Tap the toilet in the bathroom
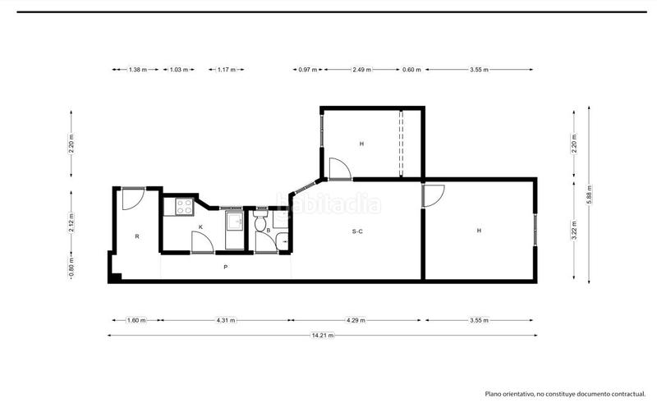click(x=261, y=222)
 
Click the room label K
click(x=200, y=226)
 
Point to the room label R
click(x=137, y=236)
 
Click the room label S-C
click(x=357, y=231)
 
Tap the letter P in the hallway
click(x=225, y=268)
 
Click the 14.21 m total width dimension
click(x=323, y=335)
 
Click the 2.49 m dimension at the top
click(x=361, y=70)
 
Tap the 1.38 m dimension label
click(x=137, y=70)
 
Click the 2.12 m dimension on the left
click(x=72, y=224)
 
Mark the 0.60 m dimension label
click(x=411, y=70)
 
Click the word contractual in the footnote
click(x=627, y=395)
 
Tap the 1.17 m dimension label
click(x=227, y=70)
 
